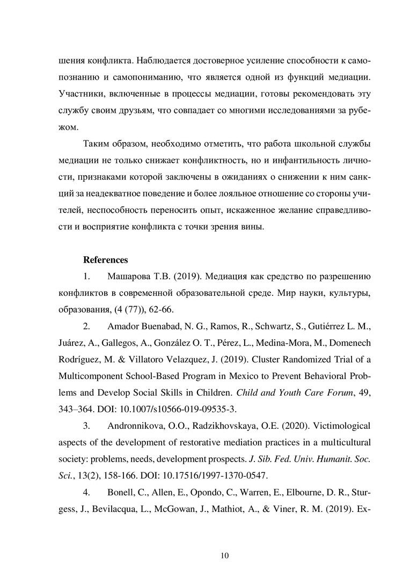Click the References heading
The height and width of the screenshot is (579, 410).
pos(105,260)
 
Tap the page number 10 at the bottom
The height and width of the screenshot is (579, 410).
pos(225,555)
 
